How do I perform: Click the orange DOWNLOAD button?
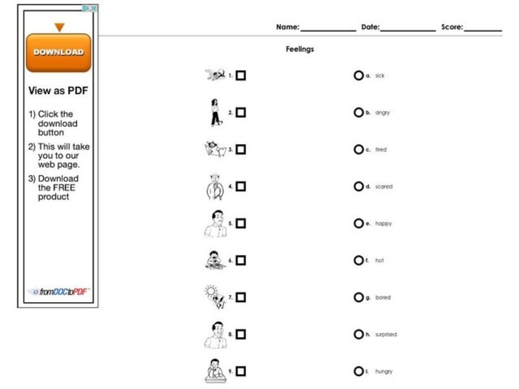pyautogui.click(x=58, y=53)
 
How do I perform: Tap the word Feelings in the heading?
pyautogui.click(x=300, y=49)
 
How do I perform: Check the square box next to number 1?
pyautogui.click(x=241, y=76)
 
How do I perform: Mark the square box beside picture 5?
pyautogui.click(x=241, y=224)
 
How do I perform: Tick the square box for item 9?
pyautogui.click(x=241, y=371)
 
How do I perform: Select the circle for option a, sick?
pyautogui.click(x=358, y=76)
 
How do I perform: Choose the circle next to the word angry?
pyautogui.click(x=358, y=113)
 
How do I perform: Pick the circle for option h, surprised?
pyautogui.click(x=358, y=335)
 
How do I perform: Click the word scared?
pyautogui.click(x=383, y=187)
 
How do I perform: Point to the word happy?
pyautogui.click(x=383, y=224)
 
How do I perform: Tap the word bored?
pyautogui.click(x=383, y=298)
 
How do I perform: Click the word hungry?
pyautogui.click(x=383, y=371)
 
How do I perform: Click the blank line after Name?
pyautogui.click(x=328, y=29)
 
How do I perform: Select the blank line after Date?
pyautogui.click(x=407, y=29)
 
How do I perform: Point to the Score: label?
pyautogui.click(x=452, y=27)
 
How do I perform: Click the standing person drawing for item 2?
pyautogui.click(x=215, y=113)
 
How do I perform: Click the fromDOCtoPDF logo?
pyautogui.click(x=58, y=292)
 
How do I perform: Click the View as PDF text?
pyautogui.click(x=58, y=91)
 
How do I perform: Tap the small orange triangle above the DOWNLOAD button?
pyautogui.click(x=60, y=27)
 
